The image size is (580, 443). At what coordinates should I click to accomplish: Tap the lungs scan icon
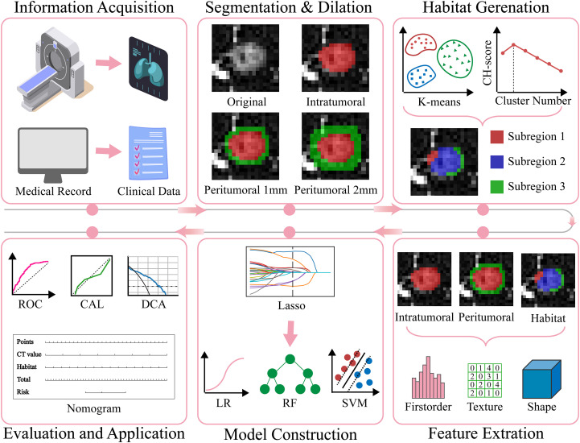coord(148,68)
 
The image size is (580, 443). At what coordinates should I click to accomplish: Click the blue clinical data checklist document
coord(148,153)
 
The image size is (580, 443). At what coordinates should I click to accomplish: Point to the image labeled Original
coord(245,58)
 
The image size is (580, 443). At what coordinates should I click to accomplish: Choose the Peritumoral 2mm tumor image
coord(335,147)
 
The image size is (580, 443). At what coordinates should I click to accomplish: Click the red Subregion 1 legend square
coord(497,137)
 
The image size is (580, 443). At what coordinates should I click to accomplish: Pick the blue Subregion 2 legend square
coord(497,162)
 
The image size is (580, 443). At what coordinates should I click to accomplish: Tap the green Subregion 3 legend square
coord(497,187)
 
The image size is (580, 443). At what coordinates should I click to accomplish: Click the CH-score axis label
coord(487,63)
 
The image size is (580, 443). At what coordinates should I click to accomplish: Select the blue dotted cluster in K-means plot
coord(422,76)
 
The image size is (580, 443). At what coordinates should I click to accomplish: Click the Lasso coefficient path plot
coord(290,272)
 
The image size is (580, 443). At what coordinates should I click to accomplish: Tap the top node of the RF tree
coord(290,359)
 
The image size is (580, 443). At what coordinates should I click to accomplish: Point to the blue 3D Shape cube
coord(541,379)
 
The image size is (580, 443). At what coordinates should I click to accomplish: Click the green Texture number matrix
coord(484,380)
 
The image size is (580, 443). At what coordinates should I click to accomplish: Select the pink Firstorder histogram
coord(428,378)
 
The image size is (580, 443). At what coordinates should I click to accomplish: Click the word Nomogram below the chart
coord(93,408)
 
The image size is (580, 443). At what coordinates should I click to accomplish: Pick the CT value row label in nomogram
coord(29,354)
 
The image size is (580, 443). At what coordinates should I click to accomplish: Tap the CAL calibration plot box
coord(92,275)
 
